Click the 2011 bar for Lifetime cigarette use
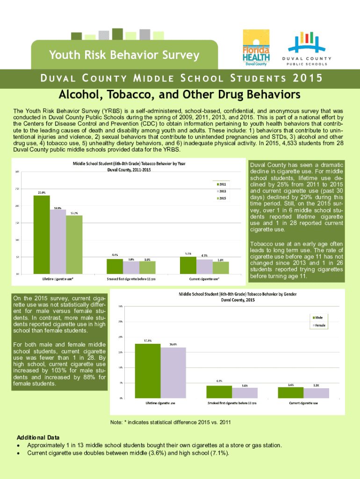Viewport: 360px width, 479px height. pos(42,234)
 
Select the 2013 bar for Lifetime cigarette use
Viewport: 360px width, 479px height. pos(58,241)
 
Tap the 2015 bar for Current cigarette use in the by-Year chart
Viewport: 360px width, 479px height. pos(221,268)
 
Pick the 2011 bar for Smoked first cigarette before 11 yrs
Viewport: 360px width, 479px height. pos(115,266)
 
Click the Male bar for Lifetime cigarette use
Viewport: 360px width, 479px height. pos(148,370)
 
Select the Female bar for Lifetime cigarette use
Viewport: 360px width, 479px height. pos(173,372)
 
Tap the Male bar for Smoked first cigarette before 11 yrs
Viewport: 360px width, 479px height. pos(219,392)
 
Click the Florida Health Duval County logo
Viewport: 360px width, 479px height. pos(255,48)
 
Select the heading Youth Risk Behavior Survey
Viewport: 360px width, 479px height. pos(124,55)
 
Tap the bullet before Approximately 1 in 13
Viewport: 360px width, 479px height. pos(18,446)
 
